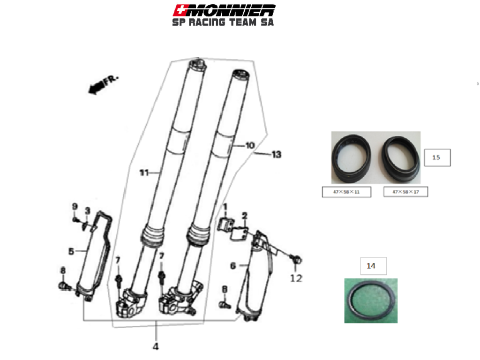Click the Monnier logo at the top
tap(224, 9)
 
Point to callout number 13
tap(276, 154)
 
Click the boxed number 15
tap(436, 157)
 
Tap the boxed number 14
tap(371, 266)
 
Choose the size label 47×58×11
tap(346, 192)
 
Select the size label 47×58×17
tap(405, 192)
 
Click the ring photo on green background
tap(371, 300)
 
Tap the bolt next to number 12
tap(296, 259)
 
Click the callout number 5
tap(71, 251)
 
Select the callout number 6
tap(233, 266)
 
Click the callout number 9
tap(74, 206)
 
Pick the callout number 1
tap(225, 206)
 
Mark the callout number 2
tap(244, 215)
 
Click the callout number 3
tap(87, 210)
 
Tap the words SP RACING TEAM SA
tap(223, 22)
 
